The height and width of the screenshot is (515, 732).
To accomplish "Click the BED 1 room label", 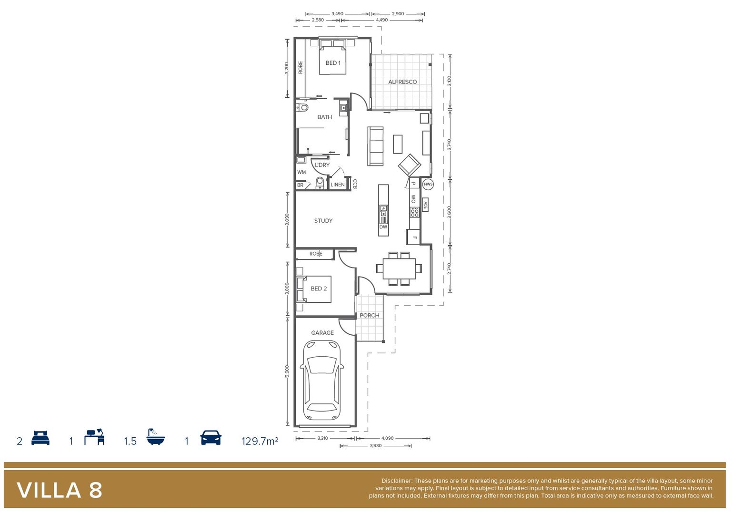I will pos(333,63).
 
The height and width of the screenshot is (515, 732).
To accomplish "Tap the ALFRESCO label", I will pos(402,82).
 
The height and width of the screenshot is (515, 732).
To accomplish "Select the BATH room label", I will pos(324,117).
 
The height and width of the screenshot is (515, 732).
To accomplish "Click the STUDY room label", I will pos(323,221).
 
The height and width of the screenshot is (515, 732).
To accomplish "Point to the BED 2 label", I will pos(319,288).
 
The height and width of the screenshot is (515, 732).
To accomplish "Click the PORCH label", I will pos(370,315).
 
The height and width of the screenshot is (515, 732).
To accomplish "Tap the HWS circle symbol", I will pos(428,184).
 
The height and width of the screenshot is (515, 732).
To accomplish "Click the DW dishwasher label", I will pos(383,227).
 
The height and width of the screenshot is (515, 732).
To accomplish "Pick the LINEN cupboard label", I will pos(338,185).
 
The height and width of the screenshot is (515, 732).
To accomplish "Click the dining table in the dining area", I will pos(399,269).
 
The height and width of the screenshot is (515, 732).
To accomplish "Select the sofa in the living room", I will pos(376,146).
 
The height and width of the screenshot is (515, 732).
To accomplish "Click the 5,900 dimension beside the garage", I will pos(287,371).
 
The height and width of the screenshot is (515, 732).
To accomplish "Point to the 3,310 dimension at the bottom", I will pos(322,438).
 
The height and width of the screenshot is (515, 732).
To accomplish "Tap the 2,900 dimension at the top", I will pos(398,14).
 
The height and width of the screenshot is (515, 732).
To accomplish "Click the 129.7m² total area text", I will pos(260,441).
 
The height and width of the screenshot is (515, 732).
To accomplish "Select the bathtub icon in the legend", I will pos(155,437).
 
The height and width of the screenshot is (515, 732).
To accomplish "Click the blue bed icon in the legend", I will pos(40,438).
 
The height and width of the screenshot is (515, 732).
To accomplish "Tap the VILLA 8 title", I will pos(60,490).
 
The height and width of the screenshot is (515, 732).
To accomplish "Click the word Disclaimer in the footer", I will pos(396,481).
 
